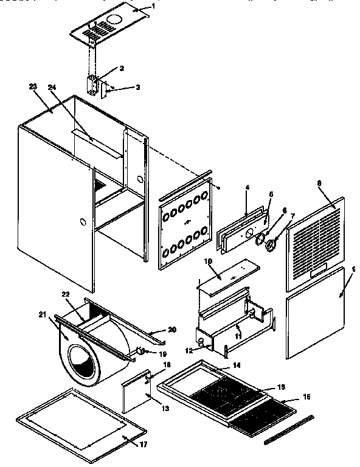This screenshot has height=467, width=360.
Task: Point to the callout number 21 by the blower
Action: (43, 314)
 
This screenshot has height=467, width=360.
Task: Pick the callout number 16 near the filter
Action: (306, 396)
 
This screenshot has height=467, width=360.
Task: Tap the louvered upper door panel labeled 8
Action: (314, 240)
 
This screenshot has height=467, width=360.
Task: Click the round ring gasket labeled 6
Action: (260, 239)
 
